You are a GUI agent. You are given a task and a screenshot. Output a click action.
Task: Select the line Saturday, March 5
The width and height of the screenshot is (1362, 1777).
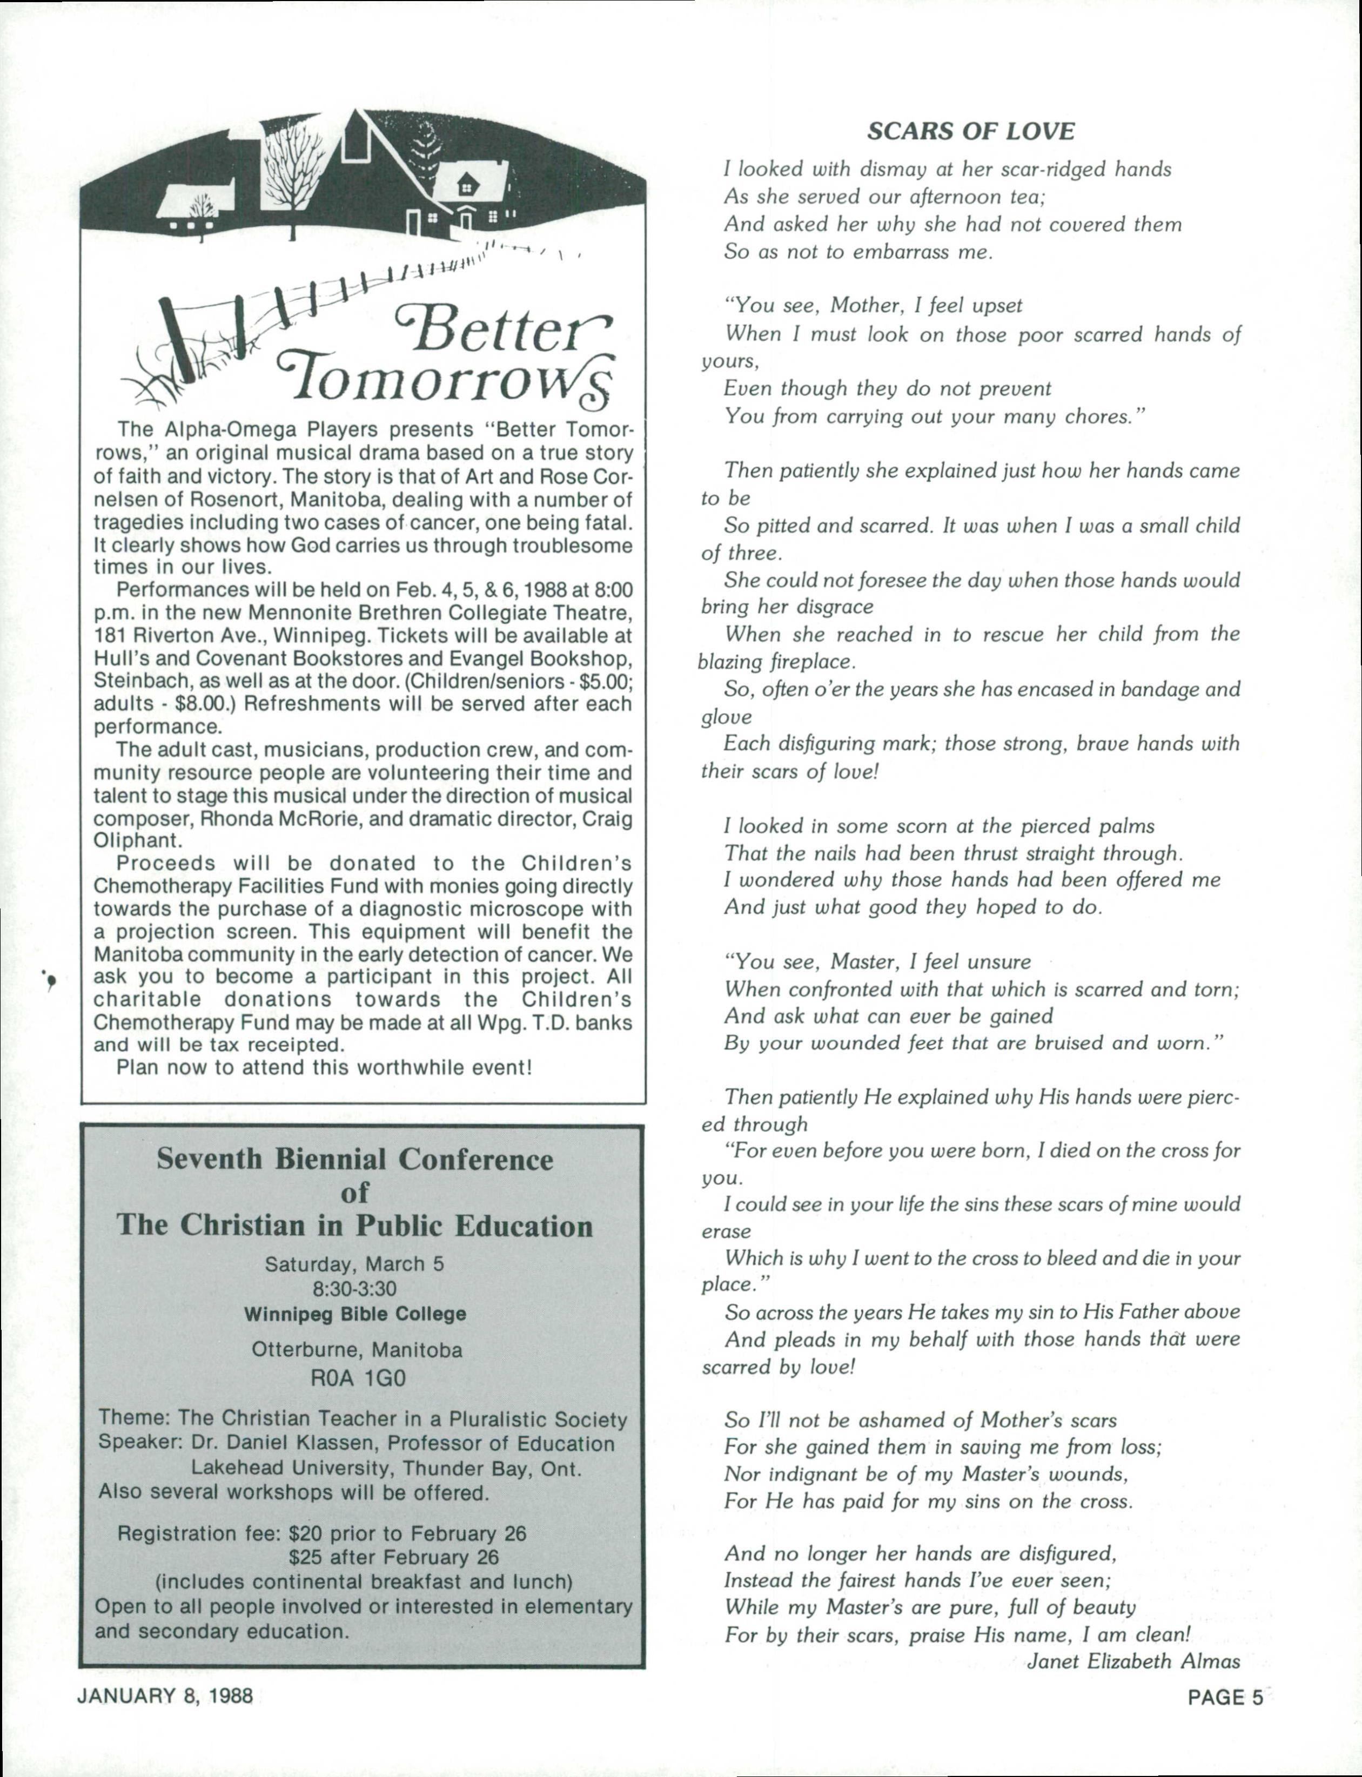pos(354,1264)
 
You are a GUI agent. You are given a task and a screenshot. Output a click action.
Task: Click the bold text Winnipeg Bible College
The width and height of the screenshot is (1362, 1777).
pos(355,1314)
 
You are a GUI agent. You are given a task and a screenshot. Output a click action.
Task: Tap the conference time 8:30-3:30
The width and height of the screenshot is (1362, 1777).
pos(354,1288)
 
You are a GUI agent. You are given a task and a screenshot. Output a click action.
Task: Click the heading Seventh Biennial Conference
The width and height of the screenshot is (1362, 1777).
pos(354,1160)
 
